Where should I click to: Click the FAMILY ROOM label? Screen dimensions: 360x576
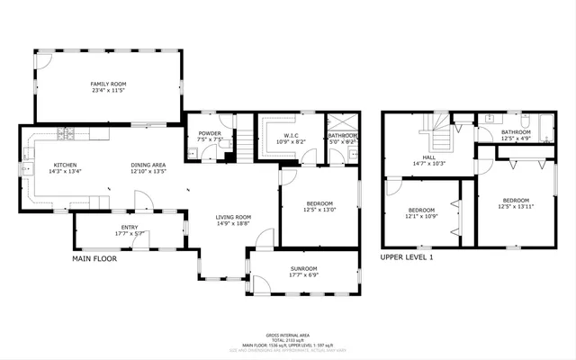[x=106, y=84]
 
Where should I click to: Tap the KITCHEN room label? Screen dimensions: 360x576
[x=65, y=165]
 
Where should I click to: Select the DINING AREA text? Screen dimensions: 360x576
[x=148, y=165]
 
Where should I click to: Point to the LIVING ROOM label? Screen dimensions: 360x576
[x=232, y=217]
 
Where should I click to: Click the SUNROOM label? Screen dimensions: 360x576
[x=303, y=268]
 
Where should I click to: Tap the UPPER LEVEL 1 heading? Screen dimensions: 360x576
[x=407, y=257]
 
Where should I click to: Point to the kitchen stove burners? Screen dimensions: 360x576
[x=67, y=135]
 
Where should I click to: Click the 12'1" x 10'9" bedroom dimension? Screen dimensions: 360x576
[x=421, y=216]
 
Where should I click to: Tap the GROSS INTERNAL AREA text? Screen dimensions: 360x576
[x=289, y=332]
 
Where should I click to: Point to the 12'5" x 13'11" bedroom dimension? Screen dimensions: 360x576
[x=516, y=205]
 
